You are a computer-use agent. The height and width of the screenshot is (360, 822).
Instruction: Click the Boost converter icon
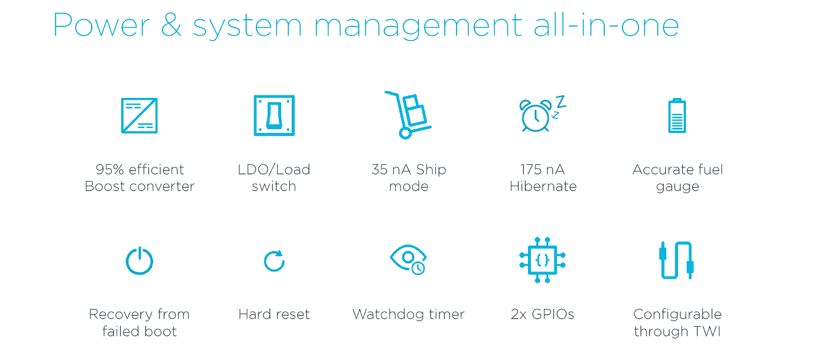coord(139,116)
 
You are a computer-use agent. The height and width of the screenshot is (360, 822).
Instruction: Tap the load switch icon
coord(274,116)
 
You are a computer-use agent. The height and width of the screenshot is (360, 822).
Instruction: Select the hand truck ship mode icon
coord(407,115)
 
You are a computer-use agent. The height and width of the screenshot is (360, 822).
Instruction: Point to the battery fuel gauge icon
coord(677,116)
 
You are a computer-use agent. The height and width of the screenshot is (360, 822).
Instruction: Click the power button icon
coord(139,260)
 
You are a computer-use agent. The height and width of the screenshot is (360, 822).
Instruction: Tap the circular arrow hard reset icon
coord(274,261)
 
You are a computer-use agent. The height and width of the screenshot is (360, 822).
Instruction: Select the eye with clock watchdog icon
coord(409,260)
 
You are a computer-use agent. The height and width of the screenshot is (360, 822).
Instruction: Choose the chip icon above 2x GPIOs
coord(542,260)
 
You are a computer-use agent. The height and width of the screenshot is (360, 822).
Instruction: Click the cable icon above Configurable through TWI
coord(676,260)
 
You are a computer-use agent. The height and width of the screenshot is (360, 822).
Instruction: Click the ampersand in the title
coord(171,26)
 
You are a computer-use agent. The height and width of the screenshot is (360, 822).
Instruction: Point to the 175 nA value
coord(542,170)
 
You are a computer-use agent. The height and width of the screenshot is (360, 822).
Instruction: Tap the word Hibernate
coord(543,186)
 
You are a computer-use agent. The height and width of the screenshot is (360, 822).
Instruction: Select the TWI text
coord(706,331)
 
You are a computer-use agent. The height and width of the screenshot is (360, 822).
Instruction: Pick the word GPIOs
coord(552,314)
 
